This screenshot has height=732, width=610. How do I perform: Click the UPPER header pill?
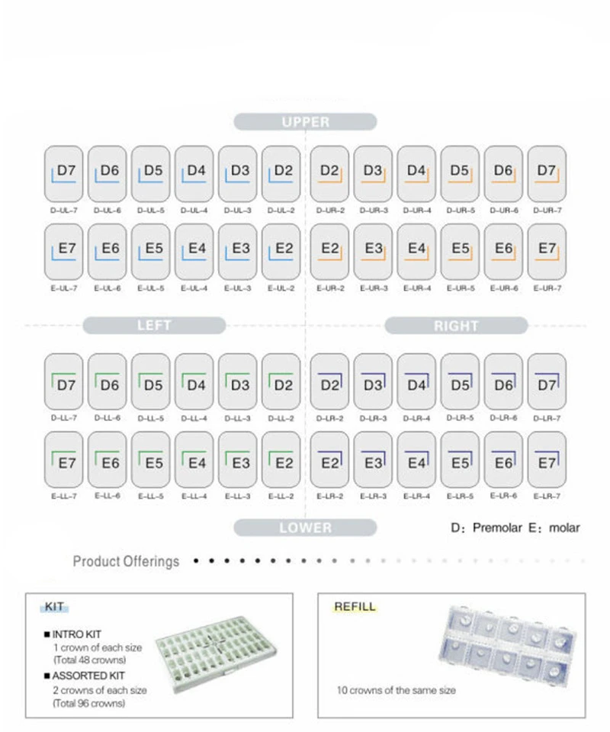click(x=305, y=122)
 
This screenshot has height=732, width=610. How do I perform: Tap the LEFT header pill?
click(x=154, y=326)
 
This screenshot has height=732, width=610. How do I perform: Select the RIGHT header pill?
click(x=456, y=326)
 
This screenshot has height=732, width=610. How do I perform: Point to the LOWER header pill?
click(x=305, y=528)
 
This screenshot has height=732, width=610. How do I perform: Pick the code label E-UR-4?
click(x=416, y=288)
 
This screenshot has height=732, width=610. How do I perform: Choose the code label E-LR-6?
click(x=503, y=496)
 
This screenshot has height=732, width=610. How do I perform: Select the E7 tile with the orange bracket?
click(x=547, y=252)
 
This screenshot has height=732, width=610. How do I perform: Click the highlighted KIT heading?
click(x=54, y=608)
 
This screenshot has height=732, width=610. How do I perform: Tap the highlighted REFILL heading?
click(x=355, y=607)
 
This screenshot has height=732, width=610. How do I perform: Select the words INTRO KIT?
click(x=76, y=634)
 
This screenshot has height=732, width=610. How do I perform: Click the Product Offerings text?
click(x=127, y=561)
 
